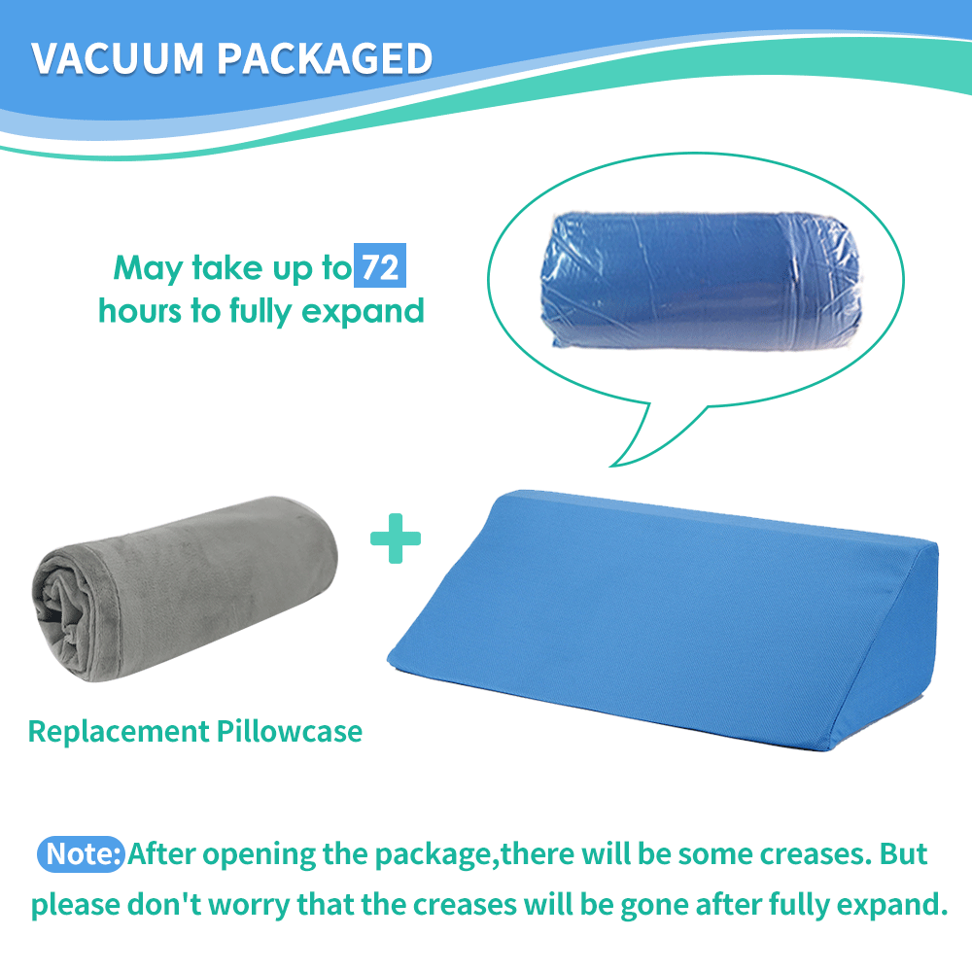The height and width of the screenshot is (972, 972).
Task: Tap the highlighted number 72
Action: [x=379, y=266]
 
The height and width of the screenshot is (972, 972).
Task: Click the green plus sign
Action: [x=396, y=540]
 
